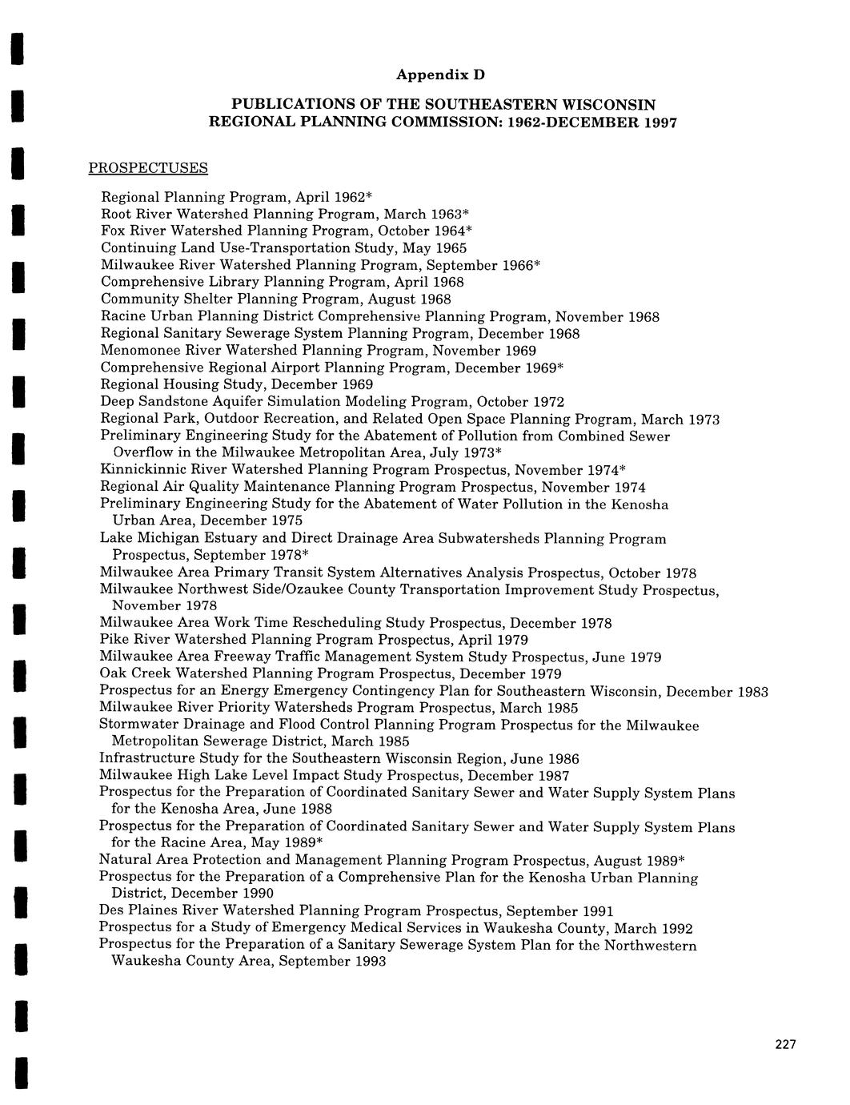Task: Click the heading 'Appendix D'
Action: (x=441, y=75)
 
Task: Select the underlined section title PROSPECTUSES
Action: (x=147, y=168)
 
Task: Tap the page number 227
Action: (x=786, y=1044)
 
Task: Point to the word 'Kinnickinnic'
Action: (x=141, y=469)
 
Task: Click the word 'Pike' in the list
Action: (x=114, y=640)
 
